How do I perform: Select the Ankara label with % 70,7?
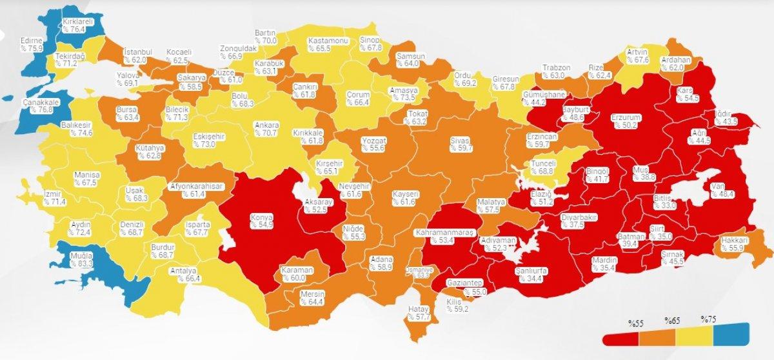pos(267,129)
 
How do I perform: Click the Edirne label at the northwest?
pos(30,44)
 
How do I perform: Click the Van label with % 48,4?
pos(717,190)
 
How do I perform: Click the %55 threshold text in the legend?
pos(639,321)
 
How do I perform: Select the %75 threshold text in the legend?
pos(709,319)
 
